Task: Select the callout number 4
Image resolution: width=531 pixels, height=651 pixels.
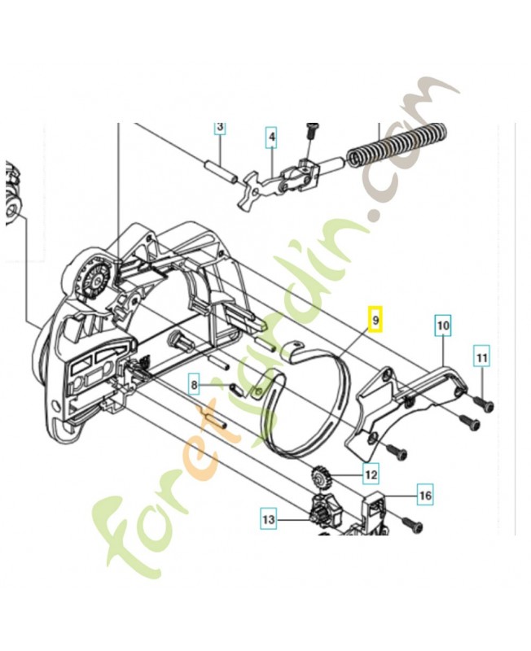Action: (x=271, y=138)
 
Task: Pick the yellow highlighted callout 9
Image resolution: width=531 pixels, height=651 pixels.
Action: (x=375, y=321)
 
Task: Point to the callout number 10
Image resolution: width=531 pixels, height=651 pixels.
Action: (x=442, y=327)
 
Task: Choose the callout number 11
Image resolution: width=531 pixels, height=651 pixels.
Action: (x=481, y=356)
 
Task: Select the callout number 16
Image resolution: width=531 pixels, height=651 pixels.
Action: (x=425, y=495)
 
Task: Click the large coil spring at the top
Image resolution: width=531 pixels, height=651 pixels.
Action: (x=397, y=145)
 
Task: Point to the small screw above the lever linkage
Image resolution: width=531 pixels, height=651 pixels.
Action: (x=310, y=130)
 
